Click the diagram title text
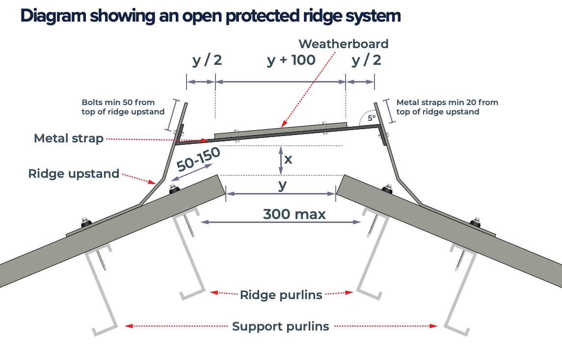coord(210,16)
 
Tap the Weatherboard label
coord(344,44)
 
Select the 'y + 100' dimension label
coord(291,60)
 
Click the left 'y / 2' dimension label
coord(207,60)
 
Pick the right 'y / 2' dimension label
coord(366,60)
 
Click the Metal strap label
coord(69,138)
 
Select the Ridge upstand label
coord(74,173)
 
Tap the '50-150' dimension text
coord(198,158)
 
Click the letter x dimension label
coord(288,159)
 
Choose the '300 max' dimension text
coord(294,214)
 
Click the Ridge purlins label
coord(281,295)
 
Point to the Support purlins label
coord(281,327)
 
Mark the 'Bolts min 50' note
coord(123,107)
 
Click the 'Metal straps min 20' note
coord(447,107)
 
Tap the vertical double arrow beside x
coord(280,161)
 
